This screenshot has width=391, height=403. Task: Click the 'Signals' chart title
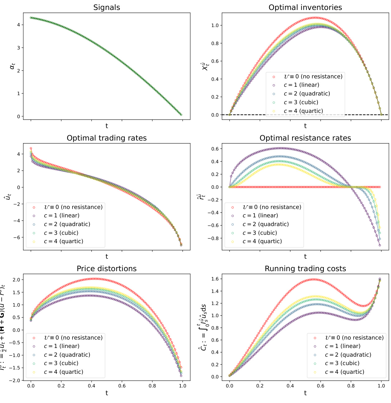[x=106, y=7]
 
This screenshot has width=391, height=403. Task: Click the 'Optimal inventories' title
[x=305, y=7]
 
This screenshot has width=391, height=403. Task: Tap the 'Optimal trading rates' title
[x=106, y=138]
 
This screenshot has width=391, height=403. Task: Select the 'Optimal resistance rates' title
[x=305, y=138]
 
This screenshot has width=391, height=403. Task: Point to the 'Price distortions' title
[x=106, y=269]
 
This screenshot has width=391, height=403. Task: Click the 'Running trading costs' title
[x=305, y=269]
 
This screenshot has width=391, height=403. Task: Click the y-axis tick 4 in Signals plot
[x=18, y=25]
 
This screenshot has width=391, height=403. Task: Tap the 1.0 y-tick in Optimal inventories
[x=215, y=25]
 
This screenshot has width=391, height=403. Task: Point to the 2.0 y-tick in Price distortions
[x=16, y=280]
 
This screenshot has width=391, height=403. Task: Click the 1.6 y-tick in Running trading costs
[x=215, y=279]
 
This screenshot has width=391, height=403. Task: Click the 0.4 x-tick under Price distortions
[x=91, y=386]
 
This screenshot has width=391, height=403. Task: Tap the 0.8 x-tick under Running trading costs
[x=351, y=386]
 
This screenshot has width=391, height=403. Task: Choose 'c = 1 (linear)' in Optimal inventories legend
[x=301, y=85]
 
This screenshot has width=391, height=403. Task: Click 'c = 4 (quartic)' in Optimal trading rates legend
[x=63, y=242]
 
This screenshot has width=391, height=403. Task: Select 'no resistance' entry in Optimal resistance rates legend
[x=272, y=207]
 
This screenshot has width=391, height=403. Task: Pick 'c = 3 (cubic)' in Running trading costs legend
[x=342, y=363]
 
